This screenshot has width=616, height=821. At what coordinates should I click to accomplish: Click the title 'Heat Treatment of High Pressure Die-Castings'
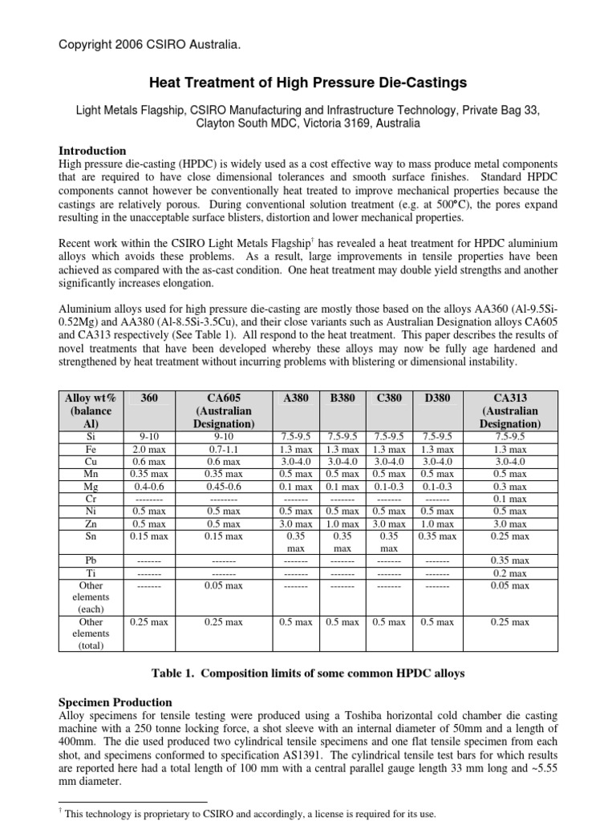(x=309, y=83)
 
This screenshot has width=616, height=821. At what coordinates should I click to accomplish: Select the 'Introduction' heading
(x=92, y=151)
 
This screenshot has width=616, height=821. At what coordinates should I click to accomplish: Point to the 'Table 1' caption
(x=309, y=673)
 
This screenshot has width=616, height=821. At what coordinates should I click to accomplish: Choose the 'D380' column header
(x=437, y=397)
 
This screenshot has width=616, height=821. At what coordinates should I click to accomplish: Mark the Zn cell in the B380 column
(x=343, y=523)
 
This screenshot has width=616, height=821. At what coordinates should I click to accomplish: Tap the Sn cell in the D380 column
(x=437, y=536)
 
